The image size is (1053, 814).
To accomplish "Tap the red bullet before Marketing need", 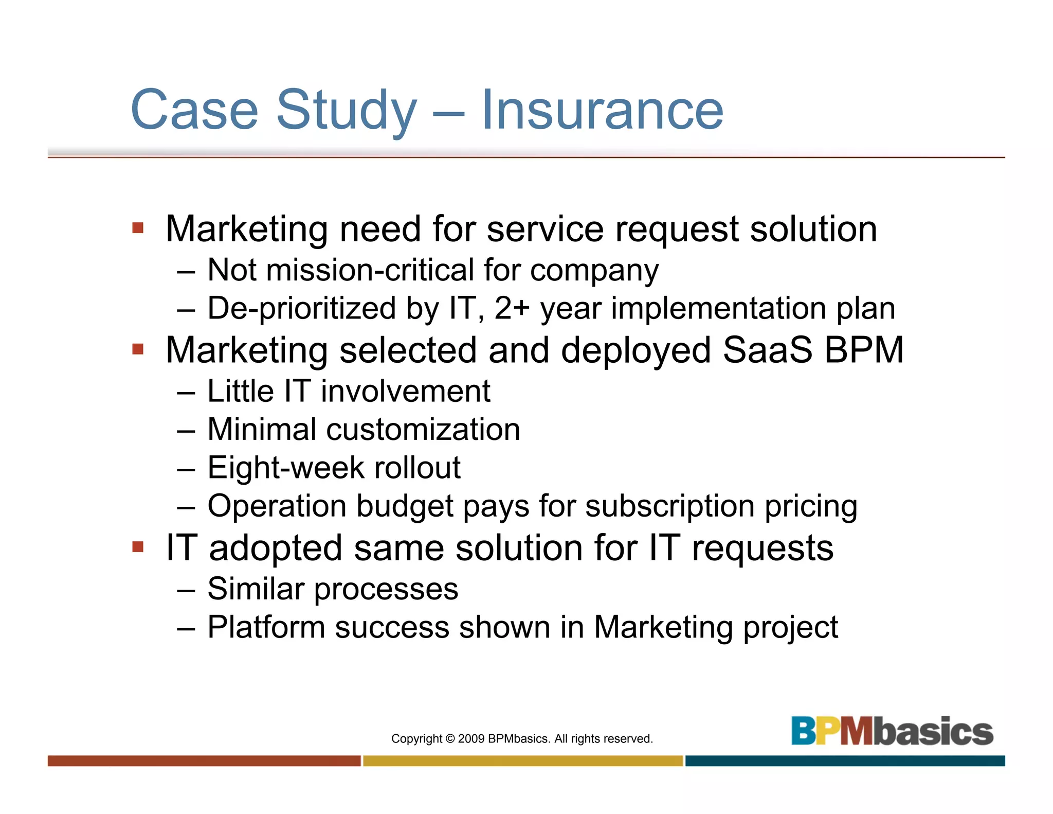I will click(138, 227).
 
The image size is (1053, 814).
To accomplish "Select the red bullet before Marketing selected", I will click(138, 349).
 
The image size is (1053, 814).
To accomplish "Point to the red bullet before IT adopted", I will click(138, 546).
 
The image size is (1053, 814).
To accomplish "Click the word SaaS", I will click(767, 350).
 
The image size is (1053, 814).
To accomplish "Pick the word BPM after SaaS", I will click(864, 350).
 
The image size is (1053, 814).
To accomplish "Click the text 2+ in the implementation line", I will click(512, 309).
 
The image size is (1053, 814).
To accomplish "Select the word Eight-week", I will click(286, 468).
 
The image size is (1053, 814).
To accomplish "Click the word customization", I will click(423, 430).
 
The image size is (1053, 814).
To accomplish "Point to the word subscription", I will click(670, 506).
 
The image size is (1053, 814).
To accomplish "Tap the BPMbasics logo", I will click(892, 731).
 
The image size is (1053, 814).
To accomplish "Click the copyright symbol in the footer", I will click(450, 739).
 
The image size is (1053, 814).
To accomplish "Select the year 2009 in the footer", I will click(471, 739).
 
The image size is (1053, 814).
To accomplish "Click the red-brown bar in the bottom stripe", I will click(204, 760).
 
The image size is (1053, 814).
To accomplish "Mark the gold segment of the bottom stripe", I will click(523, 760).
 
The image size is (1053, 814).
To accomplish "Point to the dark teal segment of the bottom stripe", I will click(845, 760).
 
